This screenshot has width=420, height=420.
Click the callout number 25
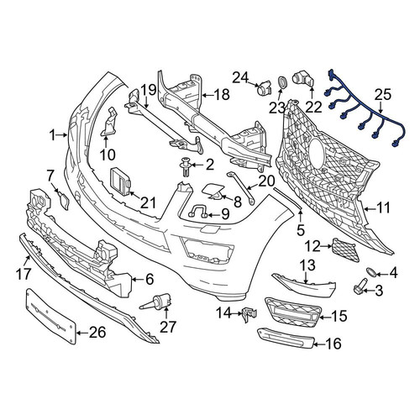pos(383,95)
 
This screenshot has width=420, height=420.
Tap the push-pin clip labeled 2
pos(185,166)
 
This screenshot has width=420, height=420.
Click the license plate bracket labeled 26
pos(51,317)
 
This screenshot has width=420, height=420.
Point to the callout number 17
pos(24,273)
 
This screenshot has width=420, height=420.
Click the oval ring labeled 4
pos(371,271)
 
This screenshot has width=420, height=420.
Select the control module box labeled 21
pos(121,181)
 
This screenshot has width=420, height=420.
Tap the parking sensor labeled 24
pos(264,87)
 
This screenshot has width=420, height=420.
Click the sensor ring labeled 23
pos(282,82)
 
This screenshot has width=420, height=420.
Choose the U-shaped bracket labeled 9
pos(198,211)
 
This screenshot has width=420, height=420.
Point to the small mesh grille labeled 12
pos(345,250)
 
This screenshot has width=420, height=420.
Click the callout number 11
pos(383,208)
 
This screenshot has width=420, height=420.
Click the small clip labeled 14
pos(249,313)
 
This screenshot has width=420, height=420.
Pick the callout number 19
pos(148,90)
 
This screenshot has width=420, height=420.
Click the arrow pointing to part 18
pos(207,96)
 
